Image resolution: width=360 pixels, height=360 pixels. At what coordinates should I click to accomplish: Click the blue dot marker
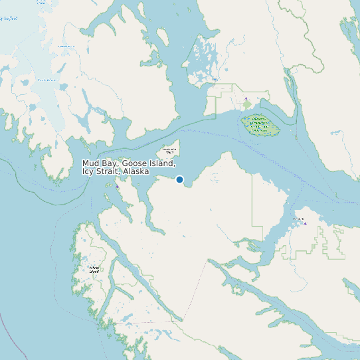point(179,179)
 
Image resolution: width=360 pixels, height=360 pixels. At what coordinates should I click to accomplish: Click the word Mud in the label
point(91,163)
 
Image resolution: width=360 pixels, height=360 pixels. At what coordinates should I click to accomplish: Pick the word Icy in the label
point(88,172)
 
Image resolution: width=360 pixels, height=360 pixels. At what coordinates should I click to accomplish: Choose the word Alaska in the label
point(135,172)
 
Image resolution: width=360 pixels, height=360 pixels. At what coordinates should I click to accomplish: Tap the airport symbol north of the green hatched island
point(246,99)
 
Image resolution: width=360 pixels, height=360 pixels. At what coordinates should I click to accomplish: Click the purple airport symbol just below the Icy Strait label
point(118,187)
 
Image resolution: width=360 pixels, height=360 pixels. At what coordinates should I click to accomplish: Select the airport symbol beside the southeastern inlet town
point(305,224)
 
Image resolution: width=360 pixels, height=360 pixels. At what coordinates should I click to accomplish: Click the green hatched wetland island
point(260,124)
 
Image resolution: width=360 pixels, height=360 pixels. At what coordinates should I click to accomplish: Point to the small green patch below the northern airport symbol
point(247,105)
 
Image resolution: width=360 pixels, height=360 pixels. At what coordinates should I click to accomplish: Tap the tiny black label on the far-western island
point(94,269)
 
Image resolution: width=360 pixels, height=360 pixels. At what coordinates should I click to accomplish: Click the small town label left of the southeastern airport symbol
point(298,219)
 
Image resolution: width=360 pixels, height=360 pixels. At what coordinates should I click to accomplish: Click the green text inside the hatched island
point(259,124)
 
